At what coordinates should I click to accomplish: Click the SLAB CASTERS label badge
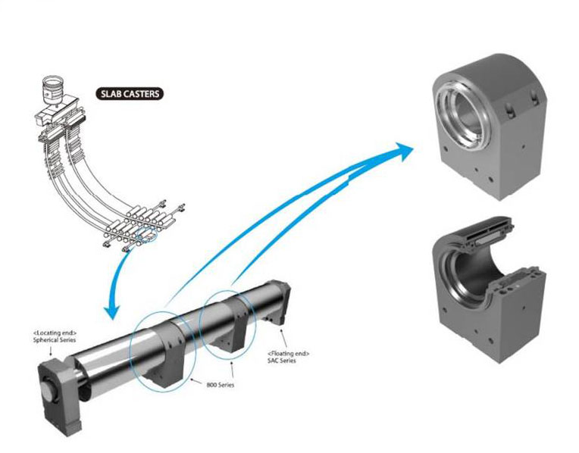pyautogui.click(x=130, y=94)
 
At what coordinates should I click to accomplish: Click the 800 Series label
pyautogui.click(x=220, y=385)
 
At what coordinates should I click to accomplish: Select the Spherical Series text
pyautogui.click(x=55, y=339)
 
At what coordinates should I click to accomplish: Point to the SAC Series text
pyautogui.click(x=281, y=361)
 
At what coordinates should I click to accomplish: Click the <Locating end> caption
pyautogui.click(x=55, y=333)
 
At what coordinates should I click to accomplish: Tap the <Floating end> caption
pyautogui.click(x=289, y=354)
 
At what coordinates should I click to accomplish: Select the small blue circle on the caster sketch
pyautogui.click(x=146, y=236)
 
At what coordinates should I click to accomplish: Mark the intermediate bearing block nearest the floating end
pyautogui.click(x=232, y=324)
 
